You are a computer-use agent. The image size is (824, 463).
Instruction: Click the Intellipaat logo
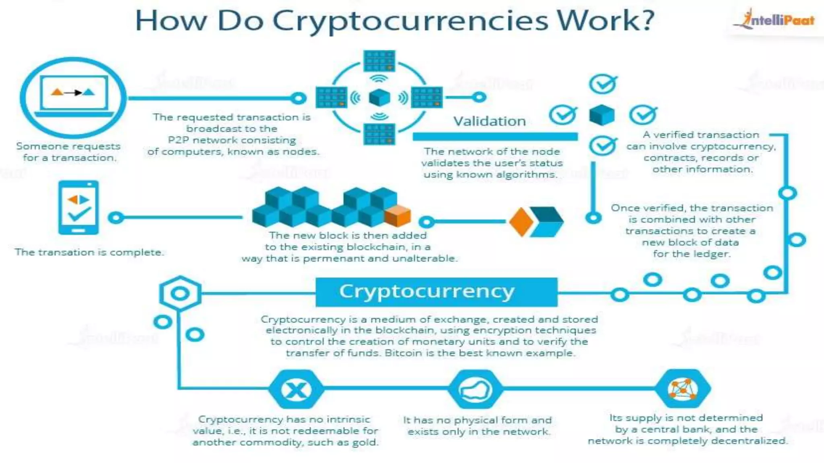click(775, 19)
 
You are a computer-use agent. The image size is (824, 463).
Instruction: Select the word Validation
click(489, 121)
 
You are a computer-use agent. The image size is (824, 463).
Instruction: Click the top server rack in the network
click(379, 61)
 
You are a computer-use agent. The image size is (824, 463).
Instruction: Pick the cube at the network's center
click(379, 97)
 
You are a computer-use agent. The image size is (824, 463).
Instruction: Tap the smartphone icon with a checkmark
click(78, 207)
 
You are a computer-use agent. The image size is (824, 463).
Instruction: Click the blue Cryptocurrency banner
click(436, 292)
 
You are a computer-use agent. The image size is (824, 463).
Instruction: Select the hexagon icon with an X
click(296, 389)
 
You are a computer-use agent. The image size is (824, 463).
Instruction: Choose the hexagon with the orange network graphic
click(682, 389)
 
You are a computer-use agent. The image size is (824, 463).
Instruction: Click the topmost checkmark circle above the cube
click(602, 84)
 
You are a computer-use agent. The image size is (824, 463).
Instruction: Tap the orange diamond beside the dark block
click(521, 222)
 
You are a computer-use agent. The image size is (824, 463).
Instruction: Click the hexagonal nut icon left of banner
click(180, 293)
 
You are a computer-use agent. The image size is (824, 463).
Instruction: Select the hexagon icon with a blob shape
click(476, 389)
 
